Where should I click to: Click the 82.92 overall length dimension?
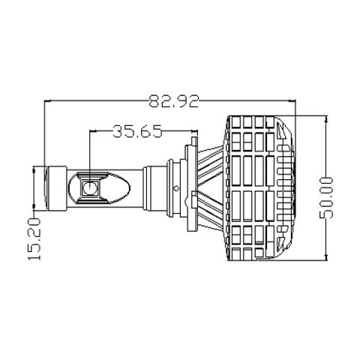[x=174, y=101]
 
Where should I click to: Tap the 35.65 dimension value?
[x=137, y=131]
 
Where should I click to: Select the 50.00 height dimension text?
[x=327, y=198]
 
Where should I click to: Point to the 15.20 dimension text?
[x=34, y=239]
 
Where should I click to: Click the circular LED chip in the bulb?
[x=90, y=188]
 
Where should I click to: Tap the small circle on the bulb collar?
[x=176, y=188]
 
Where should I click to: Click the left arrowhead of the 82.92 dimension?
[x=47, y=101]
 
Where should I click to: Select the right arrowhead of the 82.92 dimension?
[x=292, y=101]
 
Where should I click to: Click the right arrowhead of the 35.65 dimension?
[x=194, y=130]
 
